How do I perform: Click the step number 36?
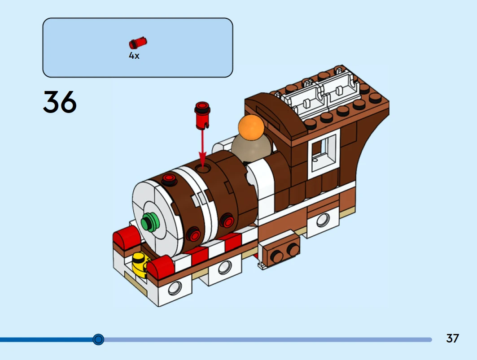(60, 103)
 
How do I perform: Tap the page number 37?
(452, 338)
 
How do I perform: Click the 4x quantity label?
(134, 56)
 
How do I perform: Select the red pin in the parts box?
(138, 43)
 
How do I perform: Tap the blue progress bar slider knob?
(98, 339)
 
